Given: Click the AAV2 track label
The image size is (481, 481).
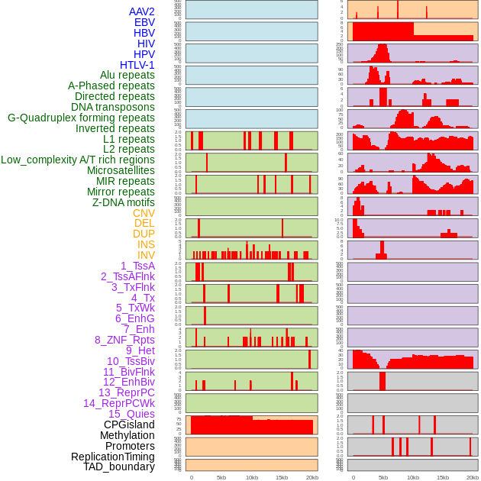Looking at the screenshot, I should coord(142,11).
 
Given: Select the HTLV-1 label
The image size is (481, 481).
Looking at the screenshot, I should coord(137,65).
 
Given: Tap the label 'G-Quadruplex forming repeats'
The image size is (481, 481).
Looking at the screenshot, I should coord(81,118).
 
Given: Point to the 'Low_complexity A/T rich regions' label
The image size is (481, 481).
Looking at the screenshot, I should coord(78,160).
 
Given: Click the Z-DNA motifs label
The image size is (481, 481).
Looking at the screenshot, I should coord(124,202).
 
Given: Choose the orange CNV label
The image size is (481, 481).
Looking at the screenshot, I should coord(144,213).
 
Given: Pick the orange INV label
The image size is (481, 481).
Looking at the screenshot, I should coord(146,255).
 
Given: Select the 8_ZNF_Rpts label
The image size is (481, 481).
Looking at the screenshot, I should coord(124,340).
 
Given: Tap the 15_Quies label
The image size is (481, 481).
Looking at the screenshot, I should coord(131,414).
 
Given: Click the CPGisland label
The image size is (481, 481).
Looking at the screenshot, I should coord(129,425).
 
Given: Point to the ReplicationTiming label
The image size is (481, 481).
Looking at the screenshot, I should coord(113,457).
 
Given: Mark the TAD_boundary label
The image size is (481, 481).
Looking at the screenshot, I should coord(119,466).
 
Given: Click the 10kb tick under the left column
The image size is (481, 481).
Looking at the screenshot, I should coord(251,477).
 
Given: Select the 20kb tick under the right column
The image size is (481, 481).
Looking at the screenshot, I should coord(473,477).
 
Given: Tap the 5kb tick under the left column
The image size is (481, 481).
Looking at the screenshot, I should coord(221,477).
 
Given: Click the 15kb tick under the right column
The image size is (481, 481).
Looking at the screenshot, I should coord(443,477).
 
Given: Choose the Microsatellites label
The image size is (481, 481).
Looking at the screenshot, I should coord(121,170).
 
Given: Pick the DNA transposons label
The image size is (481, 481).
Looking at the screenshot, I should coord(113,107).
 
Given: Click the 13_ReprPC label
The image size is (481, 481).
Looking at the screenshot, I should coord(127,392).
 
